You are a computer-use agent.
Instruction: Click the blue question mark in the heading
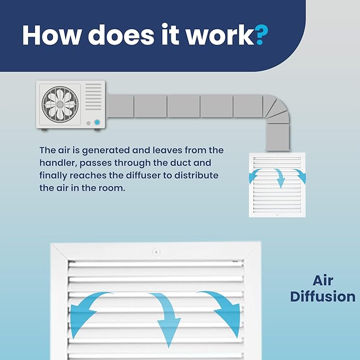coord(261,34)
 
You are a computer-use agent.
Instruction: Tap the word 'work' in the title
coord(220,34)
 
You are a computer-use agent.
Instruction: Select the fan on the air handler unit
coord(60,104)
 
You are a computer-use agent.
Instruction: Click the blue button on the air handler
coord(97,122)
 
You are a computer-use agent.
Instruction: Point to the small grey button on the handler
coord(89,124)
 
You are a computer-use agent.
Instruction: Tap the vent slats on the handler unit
coord(93,96)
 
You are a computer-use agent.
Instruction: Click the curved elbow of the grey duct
coord(276,108)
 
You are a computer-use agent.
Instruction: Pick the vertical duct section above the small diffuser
coord(278,137)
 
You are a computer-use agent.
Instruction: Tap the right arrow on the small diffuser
coord(300,176)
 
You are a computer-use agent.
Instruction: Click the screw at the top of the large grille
coord(156,252)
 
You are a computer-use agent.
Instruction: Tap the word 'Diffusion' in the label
coord(323,296)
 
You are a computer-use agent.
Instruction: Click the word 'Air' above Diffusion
coord(323,280)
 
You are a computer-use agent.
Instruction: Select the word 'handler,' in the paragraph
coord(58,163)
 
